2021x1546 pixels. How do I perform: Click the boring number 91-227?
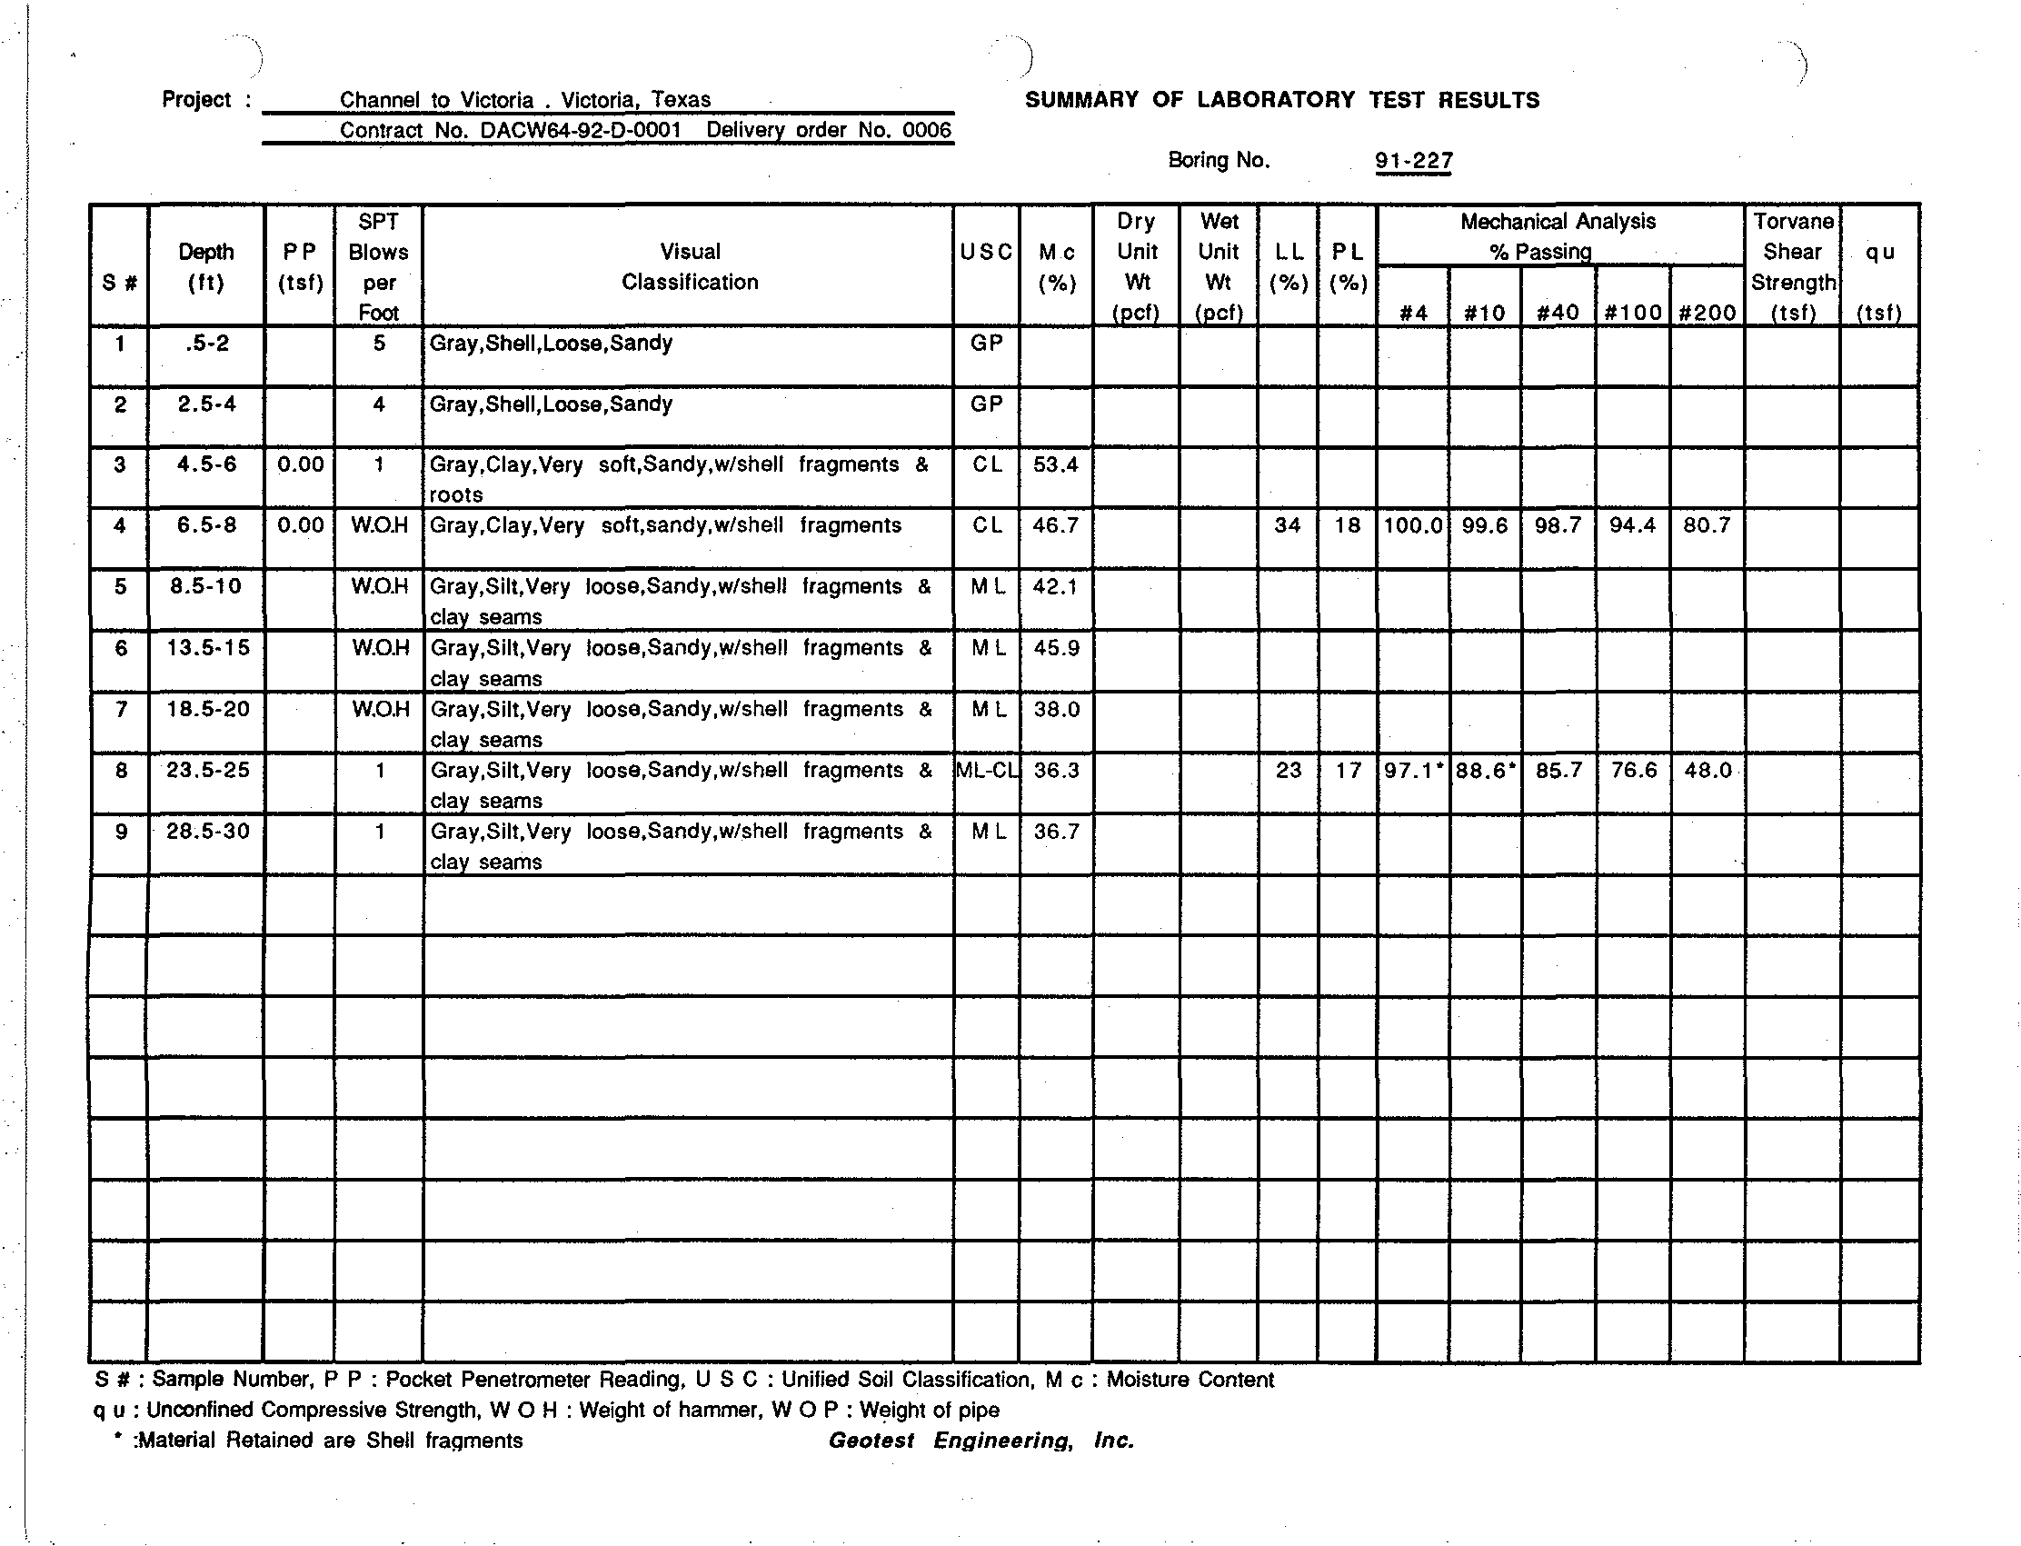coord(1414,161)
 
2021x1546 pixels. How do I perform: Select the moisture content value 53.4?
coord(1055,464)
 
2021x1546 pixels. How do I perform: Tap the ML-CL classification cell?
coord(987,770)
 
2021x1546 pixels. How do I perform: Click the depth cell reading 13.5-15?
coord(208,648)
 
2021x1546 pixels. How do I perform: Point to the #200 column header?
coord(1707,313)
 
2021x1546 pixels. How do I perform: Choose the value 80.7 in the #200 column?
coord(1707,525)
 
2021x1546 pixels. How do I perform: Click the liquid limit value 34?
coord(1287,525)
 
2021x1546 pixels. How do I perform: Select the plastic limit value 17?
coord(1348,770)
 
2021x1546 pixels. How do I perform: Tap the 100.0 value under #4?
coord(1413,525)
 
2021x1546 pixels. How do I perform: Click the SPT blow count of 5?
coord(379,344)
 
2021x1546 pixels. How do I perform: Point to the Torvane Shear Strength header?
coord(1792,266)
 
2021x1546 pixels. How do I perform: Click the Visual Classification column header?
coord(689,266)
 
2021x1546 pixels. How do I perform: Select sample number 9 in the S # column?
coord(121,832)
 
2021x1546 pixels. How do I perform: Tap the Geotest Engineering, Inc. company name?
coord(981,1441)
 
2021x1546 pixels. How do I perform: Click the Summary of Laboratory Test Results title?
coord(1281,100)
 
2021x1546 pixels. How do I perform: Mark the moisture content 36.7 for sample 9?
coord(1055,832)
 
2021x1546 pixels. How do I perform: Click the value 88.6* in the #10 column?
coord(1485,770)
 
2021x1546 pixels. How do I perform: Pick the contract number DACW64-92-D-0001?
coord(581,130)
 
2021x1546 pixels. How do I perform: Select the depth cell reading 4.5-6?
coord(207,464)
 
